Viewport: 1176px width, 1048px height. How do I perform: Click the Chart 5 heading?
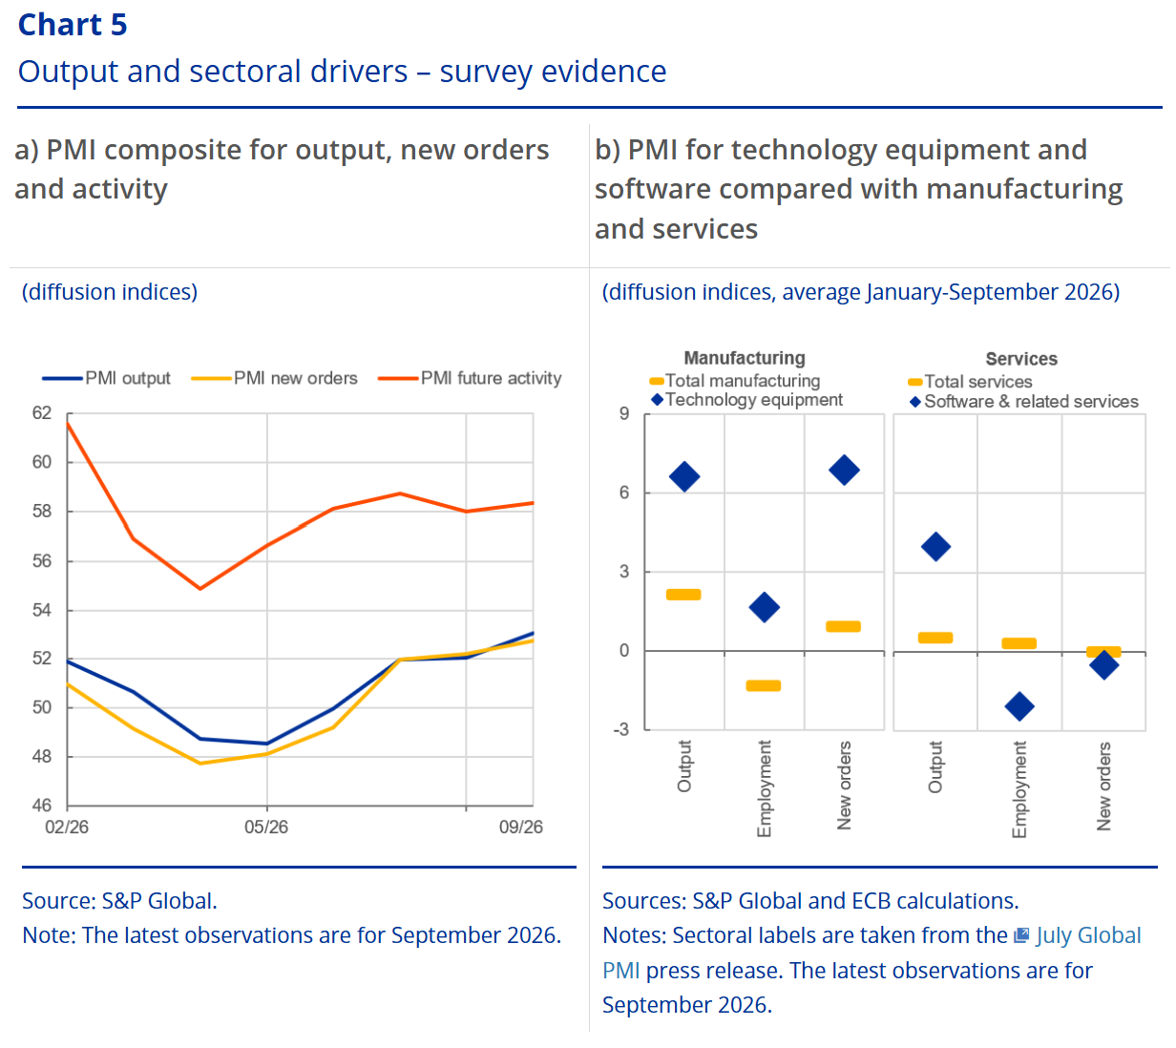pyautogui.click(x=73, y=25)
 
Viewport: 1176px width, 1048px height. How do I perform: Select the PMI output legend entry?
pyautogui.click(x=106, y=378)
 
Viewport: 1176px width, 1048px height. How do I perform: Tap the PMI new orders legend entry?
pyautogui.click(x=274, y=378)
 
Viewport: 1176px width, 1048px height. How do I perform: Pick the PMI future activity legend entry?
pyautogui.click(x=470, y=378)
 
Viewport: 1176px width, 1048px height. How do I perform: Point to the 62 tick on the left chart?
pyautogui.click(x=42, y=413)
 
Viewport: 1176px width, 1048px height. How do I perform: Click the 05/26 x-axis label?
pyautogui.click(x=266, y=827)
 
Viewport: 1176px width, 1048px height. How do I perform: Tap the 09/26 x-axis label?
pyautogui.click(x=520, y=827)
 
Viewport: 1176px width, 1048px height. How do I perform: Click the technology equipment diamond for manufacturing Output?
pyautogui.click(x=684, y=476)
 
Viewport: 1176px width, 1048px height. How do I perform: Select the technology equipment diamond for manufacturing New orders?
pyautogui.click(x=844, y=470)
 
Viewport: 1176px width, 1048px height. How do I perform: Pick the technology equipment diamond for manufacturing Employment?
pyautogui.click(x=764, y=607)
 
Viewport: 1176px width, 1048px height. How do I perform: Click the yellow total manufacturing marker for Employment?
pyautogui.click(x=764, y=685)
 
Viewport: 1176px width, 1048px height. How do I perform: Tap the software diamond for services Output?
pyautogui.click(x=935, y=546)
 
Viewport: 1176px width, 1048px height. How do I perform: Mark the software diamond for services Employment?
pyautogui.click(x=1019, y=706)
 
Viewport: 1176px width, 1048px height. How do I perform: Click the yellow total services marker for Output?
pyautogui.click(x=935, y=638)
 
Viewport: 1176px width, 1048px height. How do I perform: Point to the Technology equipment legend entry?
pyautogui.click(x=746, y=400)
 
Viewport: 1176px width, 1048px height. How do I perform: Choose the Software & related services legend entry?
pyautogui.click(x=1023, y=401)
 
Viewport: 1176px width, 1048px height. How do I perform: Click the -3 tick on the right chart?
pyautogui.click(x=621, y=729)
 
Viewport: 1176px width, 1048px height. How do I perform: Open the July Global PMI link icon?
pyautogui.click(x=1021, y=934)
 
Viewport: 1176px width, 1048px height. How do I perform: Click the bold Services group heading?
pyautogui.click(x=1021, y=359)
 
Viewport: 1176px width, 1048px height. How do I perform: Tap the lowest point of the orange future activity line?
pyautogui.click(x=200, y=589)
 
